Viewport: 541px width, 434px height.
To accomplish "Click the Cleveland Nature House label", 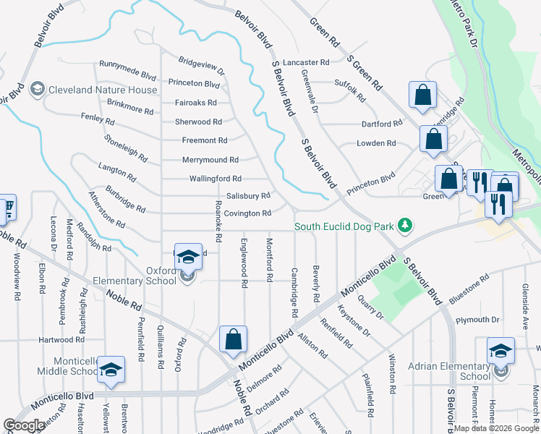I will click(x=102, y=90).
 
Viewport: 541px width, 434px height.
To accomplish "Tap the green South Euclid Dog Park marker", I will click(x=406, y=226).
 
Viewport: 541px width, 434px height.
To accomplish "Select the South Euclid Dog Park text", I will click(x=345, y=227).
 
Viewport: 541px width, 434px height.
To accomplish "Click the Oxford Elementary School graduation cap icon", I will click(x=187, y=258).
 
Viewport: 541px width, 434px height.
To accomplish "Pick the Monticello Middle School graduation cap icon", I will click(x=111, y=370).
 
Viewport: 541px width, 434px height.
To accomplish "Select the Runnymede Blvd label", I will click(x=128, y=75).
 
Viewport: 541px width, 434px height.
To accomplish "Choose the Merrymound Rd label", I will click(x=210, y=160).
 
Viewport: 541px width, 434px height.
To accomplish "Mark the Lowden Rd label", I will click(x=376, y=143).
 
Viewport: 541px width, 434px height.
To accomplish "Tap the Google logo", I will click(x=24, y=425).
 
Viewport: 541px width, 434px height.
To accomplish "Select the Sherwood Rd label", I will click(x=198, y=122).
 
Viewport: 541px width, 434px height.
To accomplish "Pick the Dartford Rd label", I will click(x=381, y=124).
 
